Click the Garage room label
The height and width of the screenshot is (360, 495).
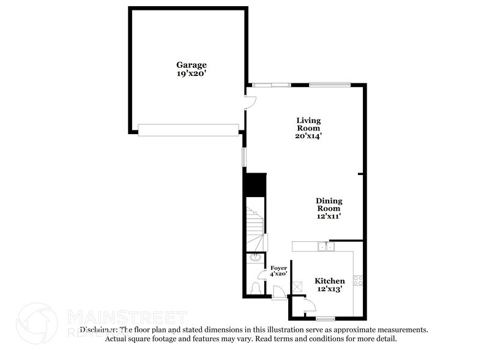(192, 64)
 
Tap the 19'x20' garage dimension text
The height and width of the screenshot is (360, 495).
(192, 73)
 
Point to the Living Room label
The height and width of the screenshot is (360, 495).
(308, 124)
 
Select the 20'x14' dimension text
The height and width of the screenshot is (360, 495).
(308, 136)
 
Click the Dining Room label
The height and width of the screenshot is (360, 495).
(329, 204)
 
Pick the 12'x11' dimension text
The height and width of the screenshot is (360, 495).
(329, 216)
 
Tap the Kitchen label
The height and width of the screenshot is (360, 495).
(330, 280)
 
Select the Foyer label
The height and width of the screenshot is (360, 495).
(278, 268)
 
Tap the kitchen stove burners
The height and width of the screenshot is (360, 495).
(358, 280)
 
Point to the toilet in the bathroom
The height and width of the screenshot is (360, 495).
(255, 287)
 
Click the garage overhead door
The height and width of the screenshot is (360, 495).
(188, 130)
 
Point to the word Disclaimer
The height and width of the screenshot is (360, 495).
(98, 329)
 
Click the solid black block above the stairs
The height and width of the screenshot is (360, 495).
(255, 185)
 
